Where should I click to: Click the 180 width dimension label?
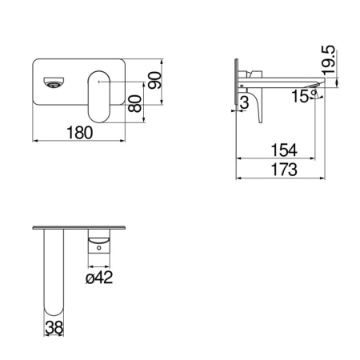coord(79,133)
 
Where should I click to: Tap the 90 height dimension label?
coord(155,80)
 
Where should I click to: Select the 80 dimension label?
coord(134,103)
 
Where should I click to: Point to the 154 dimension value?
coord(284,150)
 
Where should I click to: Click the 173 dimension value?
coord(284,170)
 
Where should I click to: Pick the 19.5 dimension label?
coord(328,60)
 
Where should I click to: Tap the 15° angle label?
coord(304,96)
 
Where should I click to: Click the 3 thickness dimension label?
coord(245,102)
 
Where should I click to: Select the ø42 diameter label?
coord(99,278)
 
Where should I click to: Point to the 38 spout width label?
coord(54,327)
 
